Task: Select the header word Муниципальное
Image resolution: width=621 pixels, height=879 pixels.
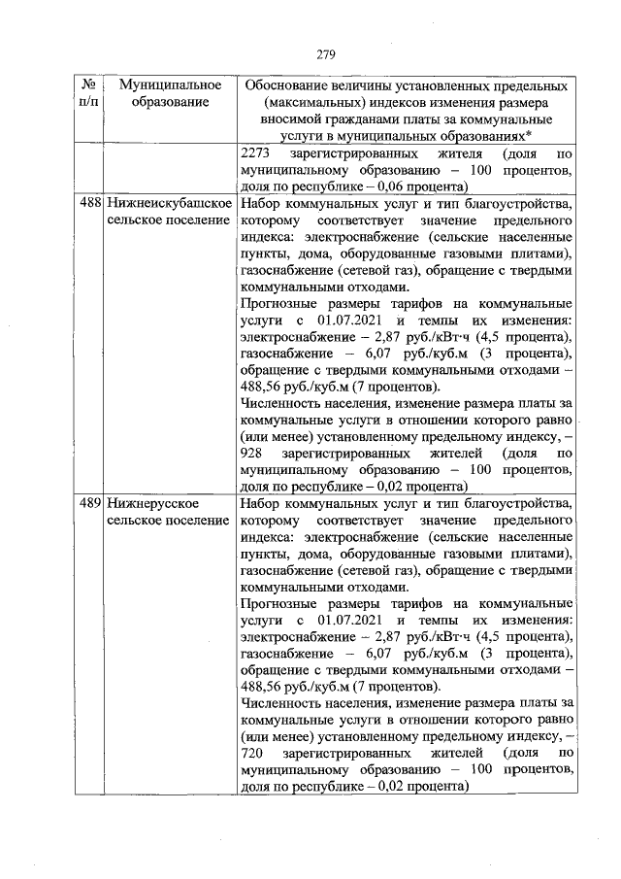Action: pos(164,85)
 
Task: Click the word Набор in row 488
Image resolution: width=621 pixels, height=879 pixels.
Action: pos(258,204)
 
